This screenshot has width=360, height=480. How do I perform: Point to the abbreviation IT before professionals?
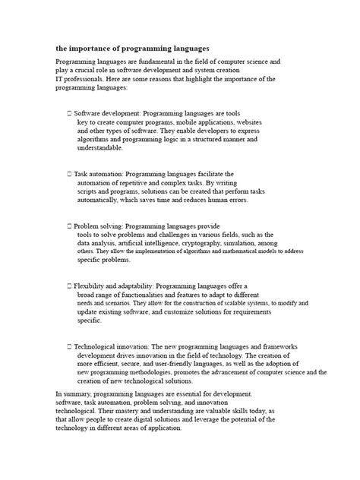(60, 78)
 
